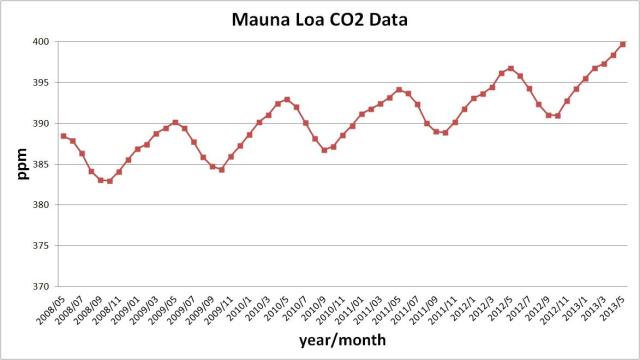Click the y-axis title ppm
(x=21, y=164)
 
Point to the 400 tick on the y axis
(x=43, y=42)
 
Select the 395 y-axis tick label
(x=43, y=83)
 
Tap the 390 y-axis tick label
(x=43, y=124)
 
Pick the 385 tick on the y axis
(x=43, y=165)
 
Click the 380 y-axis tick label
(x=43, y=205)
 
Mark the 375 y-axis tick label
(x=43, y=246)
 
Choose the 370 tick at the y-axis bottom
(x=43, y=287)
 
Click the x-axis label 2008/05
(x=50, y=306)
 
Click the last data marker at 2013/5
(x=623, y=44)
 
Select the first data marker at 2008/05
(x=63, y=136)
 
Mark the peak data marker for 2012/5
(x=510, y=69)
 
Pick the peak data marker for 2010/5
(x=287, y=99)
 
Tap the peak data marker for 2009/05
(x=175, y=123)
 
